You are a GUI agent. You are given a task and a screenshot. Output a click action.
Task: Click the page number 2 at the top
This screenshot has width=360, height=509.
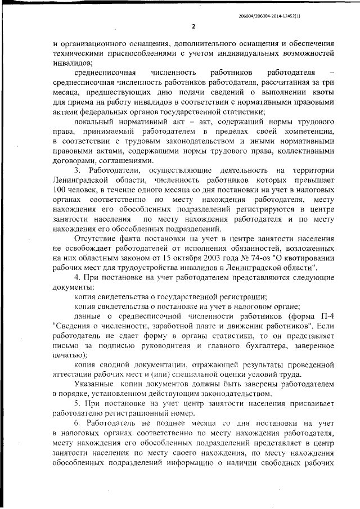coord(193,26)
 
